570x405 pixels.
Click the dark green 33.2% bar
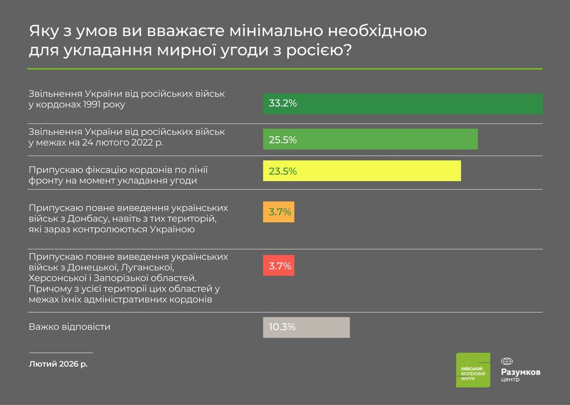(402, 104)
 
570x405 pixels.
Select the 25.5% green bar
(370, 139)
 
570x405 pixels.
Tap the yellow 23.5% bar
(362, 171)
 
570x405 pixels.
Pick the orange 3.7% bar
(279, 212)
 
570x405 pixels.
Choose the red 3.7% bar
(279, 265)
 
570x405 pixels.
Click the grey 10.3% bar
(306, 327)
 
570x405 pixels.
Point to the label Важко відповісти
(69, 327)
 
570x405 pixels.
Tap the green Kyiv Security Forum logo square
(473, 370)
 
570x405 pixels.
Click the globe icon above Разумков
(507, 361)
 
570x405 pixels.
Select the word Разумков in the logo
(521, 371)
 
